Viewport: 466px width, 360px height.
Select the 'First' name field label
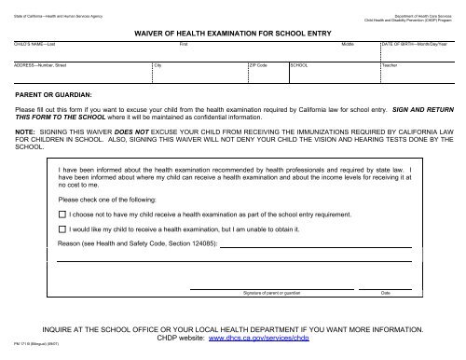(x=184, y=44)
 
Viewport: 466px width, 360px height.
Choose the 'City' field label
(x=158, y=65)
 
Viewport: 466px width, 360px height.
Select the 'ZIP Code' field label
(x=258, y=65)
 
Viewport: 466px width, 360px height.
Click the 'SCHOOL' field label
(x=299, y=65)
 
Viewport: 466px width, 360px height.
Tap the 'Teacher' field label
(x=391, y=65)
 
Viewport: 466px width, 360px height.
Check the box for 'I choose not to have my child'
(x=62, y=214)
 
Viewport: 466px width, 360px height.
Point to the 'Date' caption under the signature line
(x=386, y=293)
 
